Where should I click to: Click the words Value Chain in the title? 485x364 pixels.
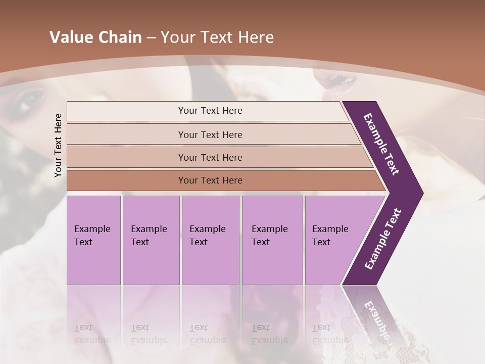95,37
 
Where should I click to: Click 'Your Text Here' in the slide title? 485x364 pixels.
217,37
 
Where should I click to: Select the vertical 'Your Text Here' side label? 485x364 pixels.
58,145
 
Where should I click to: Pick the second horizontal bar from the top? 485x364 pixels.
210,134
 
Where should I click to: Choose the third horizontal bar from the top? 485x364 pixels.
210,157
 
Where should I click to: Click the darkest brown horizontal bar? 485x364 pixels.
210,180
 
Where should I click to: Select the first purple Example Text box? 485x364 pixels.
93,240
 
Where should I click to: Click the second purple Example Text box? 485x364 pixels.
151,240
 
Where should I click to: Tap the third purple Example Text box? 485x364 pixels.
210,240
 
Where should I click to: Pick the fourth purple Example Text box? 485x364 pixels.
272,240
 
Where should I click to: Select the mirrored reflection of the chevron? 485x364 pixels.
376,318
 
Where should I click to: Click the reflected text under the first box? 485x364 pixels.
92,334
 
